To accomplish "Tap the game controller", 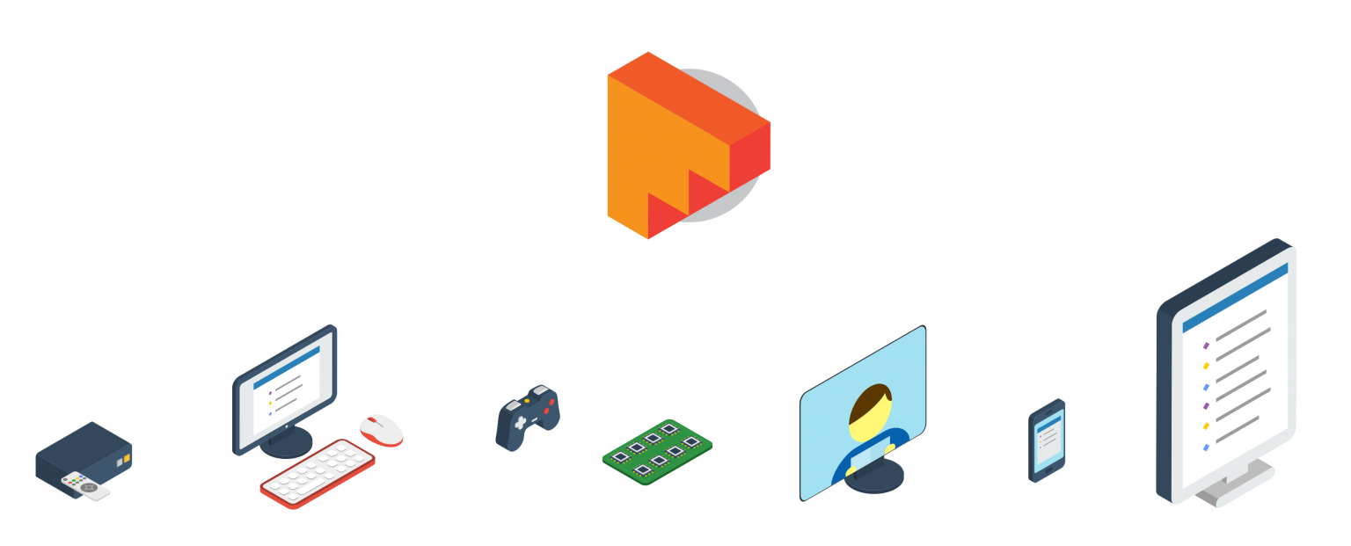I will pos(527,419).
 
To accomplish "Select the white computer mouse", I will pos(382,429).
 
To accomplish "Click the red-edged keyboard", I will pos(318,474).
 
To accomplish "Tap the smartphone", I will pos(1047,440).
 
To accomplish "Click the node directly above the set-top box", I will pos(128,414).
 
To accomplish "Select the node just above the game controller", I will pos(490,389).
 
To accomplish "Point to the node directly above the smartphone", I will pos(1024,392).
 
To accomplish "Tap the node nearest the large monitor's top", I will pos(1136,305).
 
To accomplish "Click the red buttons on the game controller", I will pos(550,407).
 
